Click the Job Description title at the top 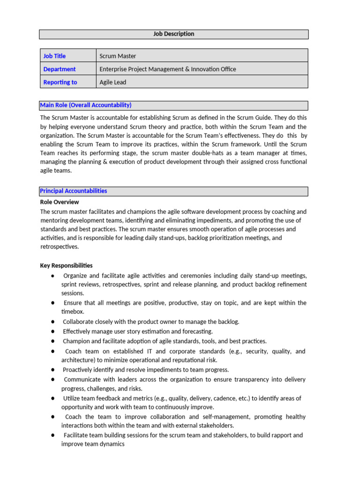pyautogui.click(x=173, y=34)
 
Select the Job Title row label pyautogui.click(x=54, y=56)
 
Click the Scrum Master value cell pyautogui.click(x=118, y=56)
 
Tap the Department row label pyautogui.click(x=60, y=69)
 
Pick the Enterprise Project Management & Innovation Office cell pyautogui.click(x=168, y=69)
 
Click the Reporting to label pyautogui.click(x=60, y=82)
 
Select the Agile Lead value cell pyautogui.click(x=113, y=82)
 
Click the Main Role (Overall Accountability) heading pyautogui.click(x=86, y=105)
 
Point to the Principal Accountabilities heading pyautogui.click(x=74, y=191)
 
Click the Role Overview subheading pyautogui.click(x=60, y=202)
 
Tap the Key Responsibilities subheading pyautogui.click(x=67, y=265)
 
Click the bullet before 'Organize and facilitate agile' pyautogui.click(x=53, y=276)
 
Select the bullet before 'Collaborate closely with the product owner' pyautogui.click(x=53, y=322)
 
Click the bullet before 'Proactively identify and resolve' pyautogui.click(x=53, y=370)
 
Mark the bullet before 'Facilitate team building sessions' pyautogui.click(x=53, y=435)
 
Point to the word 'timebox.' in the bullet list pyautogui.click(x=73, y=312)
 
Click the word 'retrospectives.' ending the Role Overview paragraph pyautogui.click(x=60, y=247)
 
